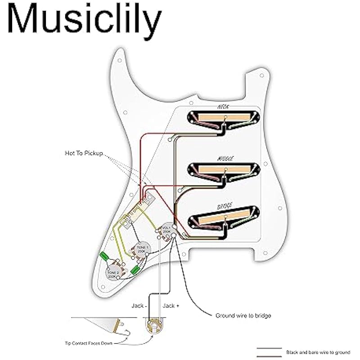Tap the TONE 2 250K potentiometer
[x=113, y=273]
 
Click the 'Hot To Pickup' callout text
[x=85, y=153]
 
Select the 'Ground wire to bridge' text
[x=243, y=315]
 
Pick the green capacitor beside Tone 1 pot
[x=135, y=270]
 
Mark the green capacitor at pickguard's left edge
[x=104, y=256]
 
